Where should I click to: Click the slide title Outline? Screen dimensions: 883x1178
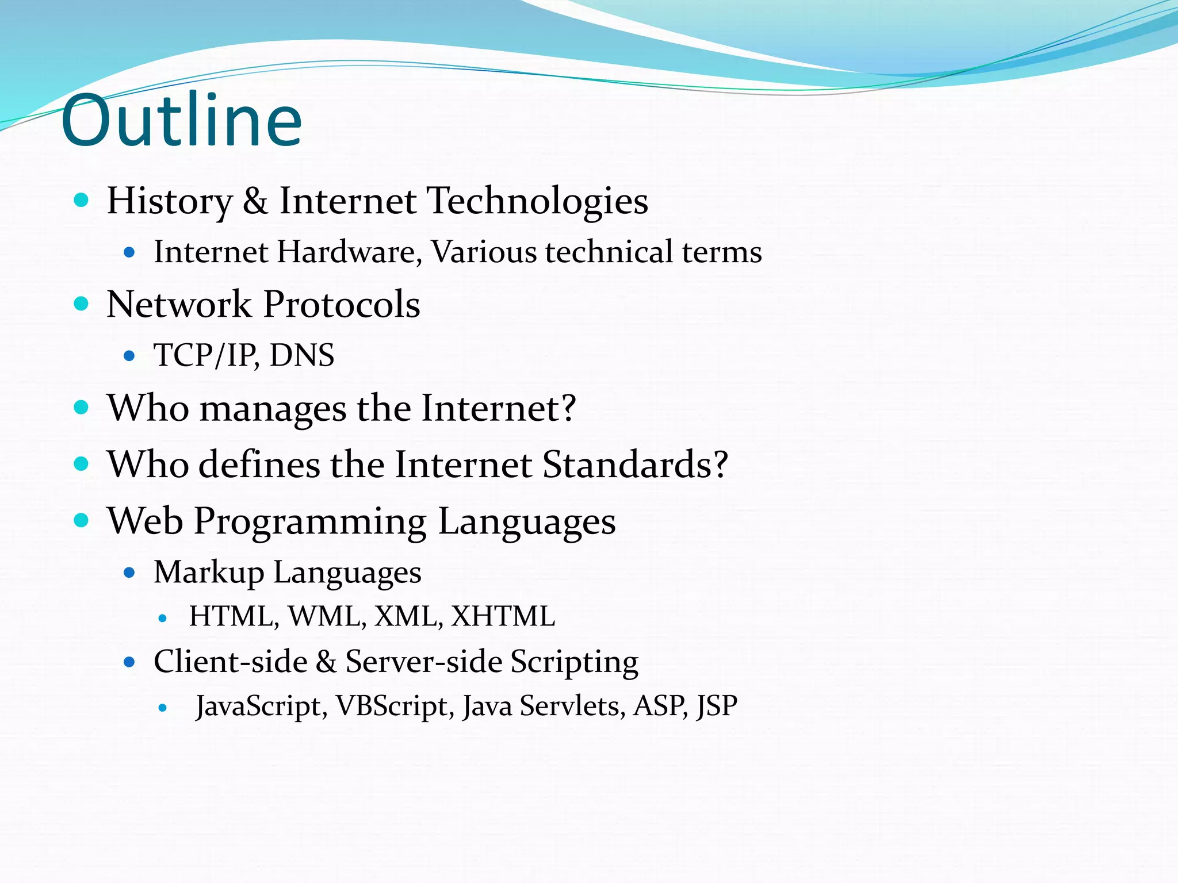pos(181,121)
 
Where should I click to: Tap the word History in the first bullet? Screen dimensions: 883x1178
pos(169,201)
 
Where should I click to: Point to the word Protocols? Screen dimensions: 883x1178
pos(342,304)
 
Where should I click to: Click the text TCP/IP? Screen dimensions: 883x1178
pos(205,355)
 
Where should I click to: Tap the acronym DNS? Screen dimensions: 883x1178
pos(301,355)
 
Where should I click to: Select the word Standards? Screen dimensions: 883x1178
pos(635,464)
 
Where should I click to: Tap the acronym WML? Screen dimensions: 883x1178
pos(326,616)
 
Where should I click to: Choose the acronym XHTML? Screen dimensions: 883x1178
pos(503,616)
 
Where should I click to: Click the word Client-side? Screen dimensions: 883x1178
pos(230,662)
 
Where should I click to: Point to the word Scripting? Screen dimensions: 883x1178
pos(574,662)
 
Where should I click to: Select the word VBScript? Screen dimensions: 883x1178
pos(392,706)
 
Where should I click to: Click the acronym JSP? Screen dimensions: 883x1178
pos(716,706)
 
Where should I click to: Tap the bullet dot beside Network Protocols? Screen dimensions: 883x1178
pos(82,304)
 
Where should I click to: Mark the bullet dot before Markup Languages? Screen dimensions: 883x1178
pos(129,573)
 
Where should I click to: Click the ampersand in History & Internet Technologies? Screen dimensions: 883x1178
pos(255,201)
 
